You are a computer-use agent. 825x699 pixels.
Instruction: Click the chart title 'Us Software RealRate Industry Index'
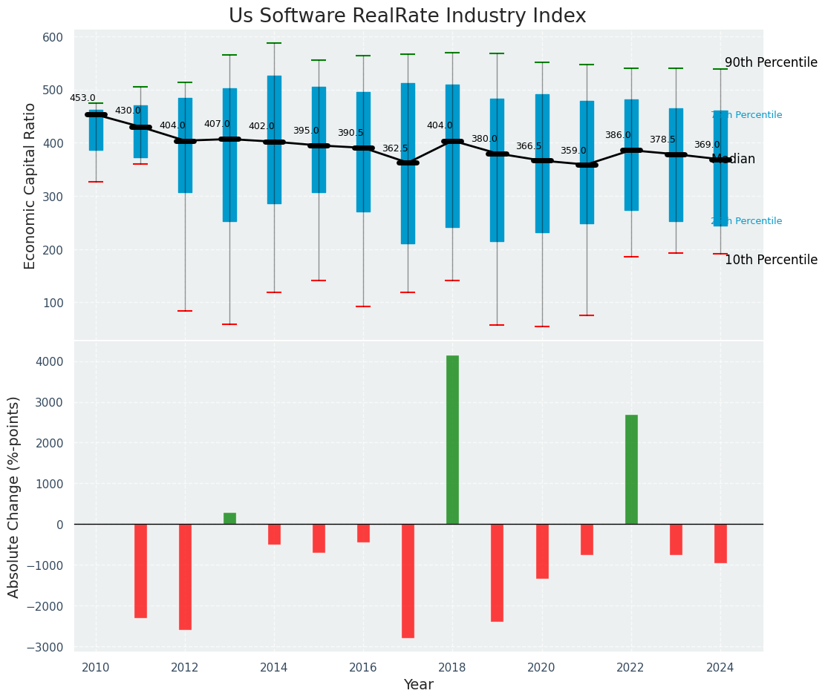click(x=407, y=16)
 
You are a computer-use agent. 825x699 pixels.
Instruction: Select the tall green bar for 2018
click(x=452, y=439)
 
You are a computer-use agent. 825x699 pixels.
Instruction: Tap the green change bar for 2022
click(x=631, y=469)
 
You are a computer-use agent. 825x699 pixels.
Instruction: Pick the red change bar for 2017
click(x=408, y=580)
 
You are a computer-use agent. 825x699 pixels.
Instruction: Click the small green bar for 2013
click(x=229, y=518)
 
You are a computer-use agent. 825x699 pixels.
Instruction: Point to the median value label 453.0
click(x=82, y=98)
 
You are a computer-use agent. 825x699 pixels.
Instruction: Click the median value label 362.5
click(x=395, y=148)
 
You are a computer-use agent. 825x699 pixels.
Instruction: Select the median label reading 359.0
click(x=573, y=151)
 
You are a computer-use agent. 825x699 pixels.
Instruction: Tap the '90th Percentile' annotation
click(x=771, y=62)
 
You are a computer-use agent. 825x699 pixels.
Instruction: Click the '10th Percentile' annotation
click(x=771, y=260)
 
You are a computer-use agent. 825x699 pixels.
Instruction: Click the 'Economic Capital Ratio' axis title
click(x=30, y=186)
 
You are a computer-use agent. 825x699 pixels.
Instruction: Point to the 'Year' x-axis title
click(x=418, y=685)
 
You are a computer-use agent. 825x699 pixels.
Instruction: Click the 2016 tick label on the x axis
click(x=363, y=667)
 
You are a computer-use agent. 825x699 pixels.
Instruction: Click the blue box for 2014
click(x=274, y=140)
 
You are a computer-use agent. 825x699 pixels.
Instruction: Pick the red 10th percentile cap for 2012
click(x=185, y=311)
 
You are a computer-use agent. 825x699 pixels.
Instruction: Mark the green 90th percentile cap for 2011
click(x=140, y=87)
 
